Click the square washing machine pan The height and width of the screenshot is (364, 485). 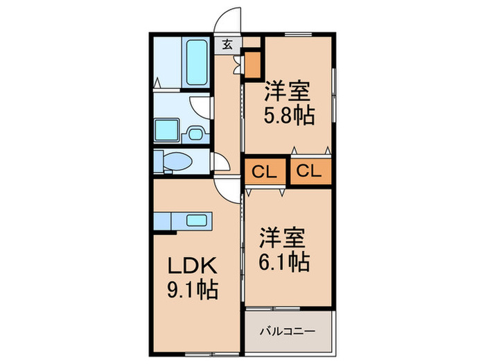pos(166,129)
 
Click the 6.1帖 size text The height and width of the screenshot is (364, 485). pos(285,262)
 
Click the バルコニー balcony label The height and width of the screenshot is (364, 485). pos(288,331)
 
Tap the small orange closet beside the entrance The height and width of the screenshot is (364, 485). pos(253,64)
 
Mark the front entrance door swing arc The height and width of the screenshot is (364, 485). pos(227,19)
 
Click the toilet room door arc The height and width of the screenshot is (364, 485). pos(220,164)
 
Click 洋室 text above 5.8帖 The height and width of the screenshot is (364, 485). pos(285,91)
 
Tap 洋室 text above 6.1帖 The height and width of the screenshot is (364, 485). pos(283,239)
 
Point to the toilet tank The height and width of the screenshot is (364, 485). pos(159,160)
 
